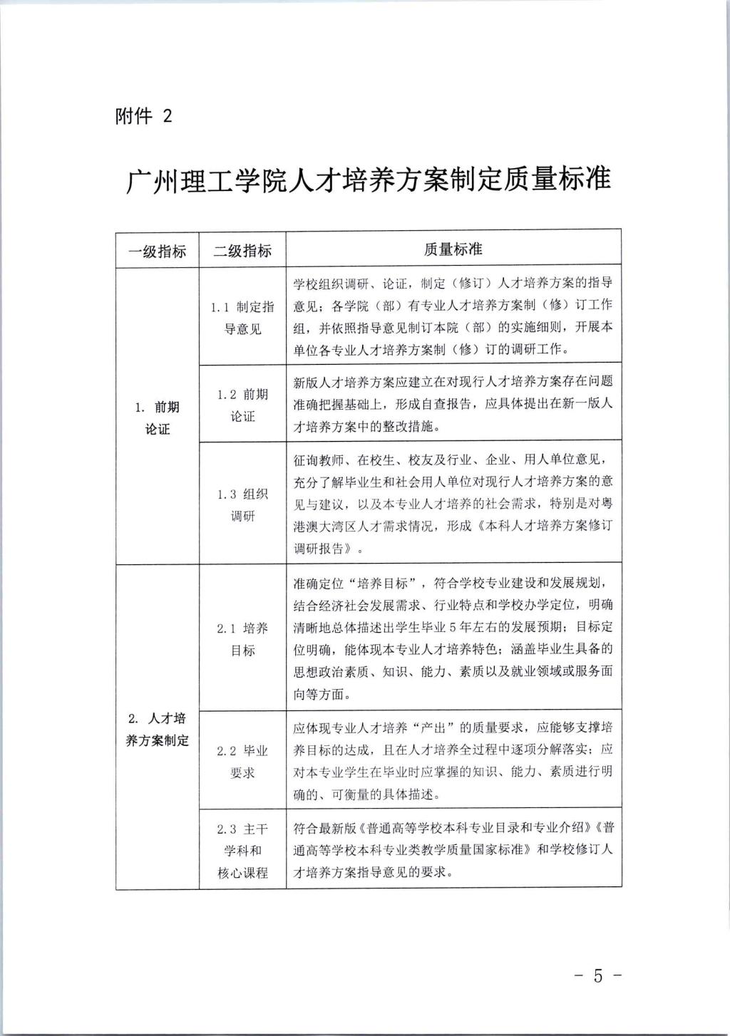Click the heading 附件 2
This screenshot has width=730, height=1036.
pyautogui.click(x=143, y=116)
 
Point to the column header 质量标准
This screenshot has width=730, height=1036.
pyautogui.click(x=453, y=249)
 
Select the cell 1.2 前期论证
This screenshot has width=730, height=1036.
pyautogui.click(x=242, y=405)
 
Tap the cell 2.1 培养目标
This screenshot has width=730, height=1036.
pyautogui.click(x=242, y=639)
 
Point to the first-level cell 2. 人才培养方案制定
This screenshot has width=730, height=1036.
pyautogui.click(x=158, y=729)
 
